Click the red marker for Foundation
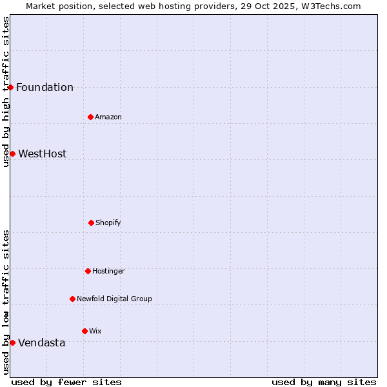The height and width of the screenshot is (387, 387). tap(11, 87)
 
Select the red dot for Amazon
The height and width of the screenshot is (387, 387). tap(90, 117)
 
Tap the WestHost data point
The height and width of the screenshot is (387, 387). tap(12, 154)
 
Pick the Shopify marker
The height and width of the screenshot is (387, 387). tap(91, 223)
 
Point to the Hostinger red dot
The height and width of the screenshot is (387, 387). tap(88, 271)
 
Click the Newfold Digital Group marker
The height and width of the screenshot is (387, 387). tap(72, 299)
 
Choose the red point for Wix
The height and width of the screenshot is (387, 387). tap(84, 331)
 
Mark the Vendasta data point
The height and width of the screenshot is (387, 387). tap(12, 342)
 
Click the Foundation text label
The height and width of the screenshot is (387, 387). tap(45, 88)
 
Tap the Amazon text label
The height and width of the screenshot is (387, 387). tap(108, 117)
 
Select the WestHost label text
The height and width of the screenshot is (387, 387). tap(42, 154)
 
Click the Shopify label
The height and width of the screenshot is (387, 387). tap(108, 223)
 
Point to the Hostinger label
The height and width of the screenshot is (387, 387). tap(108, 271)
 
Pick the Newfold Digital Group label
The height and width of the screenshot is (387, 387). tap(114, 299)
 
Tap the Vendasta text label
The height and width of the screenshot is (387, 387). tap(41, 343)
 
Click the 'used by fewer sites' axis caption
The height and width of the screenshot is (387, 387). tap(66, 382)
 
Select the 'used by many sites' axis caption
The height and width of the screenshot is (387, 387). tap(324, 382)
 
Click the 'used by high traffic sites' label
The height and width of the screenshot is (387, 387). tap(6, 92)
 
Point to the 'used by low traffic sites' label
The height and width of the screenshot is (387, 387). tap(6, 302)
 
